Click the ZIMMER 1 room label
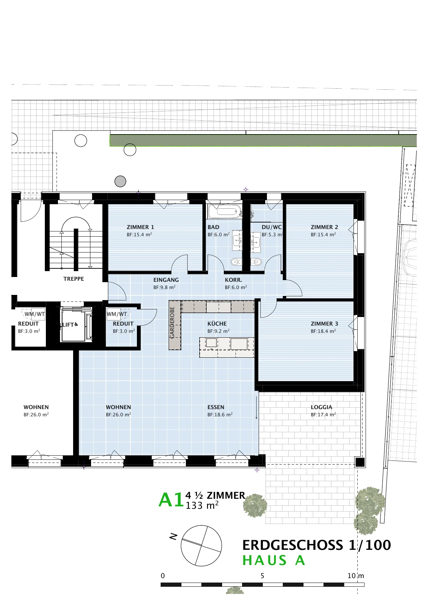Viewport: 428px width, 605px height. click(x=140, y=227)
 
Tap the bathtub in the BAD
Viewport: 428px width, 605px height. click(x=225, y=211)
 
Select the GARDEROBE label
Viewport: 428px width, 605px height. click(x=172, y=323)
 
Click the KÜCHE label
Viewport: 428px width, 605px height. click(x=217, y=324)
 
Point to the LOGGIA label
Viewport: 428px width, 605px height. click(x=321, y=407)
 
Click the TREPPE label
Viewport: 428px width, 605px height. click(x=73, y=279)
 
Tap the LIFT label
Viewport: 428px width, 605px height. click(x=68, y=325)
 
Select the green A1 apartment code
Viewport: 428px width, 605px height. click(x=171, y=500)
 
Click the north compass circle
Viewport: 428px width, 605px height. click(x=201, y=545)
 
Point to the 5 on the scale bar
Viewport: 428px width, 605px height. click(x=262, y=576)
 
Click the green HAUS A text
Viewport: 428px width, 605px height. click(x=274, y=561)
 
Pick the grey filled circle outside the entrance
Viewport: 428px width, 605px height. click(x=120, y=181)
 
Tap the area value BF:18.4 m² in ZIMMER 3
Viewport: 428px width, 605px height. click(x=323, y=331)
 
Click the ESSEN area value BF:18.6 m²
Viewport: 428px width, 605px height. click(x=220, y=415)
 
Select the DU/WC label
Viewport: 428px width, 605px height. click(x=272, y=227)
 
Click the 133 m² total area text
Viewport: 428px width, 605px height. click(x=202, y=506)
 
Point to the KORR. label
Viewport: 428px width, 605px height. click(x=233, y=280)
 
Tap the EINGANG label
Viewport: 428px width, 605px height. click(x=166, y=280)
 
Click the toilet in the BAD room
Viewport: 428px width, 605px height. click(x=236, y=262)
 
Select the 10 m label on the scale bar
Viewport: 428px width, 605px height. click(x=356, y=576)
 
